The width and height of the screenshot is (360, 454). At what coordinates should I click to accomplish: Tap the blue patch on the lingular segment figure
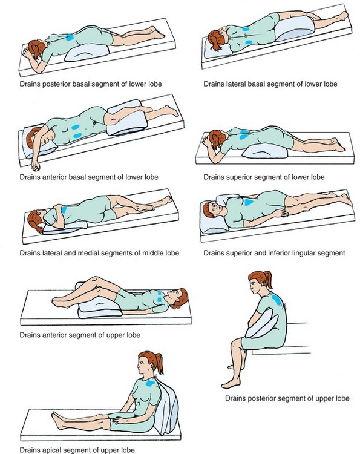click(249, 202)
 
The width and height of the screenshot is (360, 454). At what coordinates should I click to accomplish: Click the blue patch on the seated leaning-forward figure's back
click(277, 300)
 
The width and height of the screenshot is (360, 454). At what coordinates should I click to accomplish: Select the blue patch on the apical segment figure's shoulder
click(150, 384)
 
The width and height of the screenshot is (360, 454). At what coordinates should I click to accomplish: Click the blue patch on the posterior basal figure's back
click(70, 37)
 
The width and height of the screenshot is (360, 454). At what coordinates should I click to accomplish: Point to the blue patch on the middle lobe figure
click(64, 209)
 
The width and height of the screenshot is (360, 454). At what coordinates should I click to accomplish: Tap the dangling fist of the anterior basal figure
click(36, 166)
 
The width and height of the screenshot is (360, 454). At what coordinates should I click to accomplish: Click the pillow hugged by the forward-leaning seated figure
click(262, 323)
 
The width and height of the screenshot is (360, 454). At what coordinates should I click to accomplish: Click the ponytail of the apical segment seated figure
click(159, 363)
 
